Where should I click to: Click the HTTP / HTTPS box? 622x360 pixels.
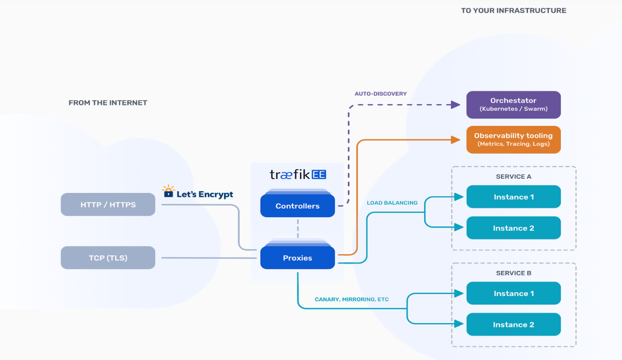click(x=108, y=205)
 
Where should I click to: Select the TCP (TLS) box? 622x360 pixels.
click(x=108, y=258)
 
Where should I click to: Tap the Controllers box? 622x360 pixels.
click(x=297, y=206)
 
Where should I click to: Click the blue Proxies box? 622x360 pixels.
click(x=297, y=258)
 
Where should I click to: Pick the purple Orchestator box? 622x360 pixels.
click(x=513, y=105)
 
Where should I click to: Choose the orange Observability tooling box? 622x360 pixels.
click(x=513, y=140)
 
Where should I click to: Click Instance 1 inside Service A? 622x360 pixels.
click(x=513, y=197)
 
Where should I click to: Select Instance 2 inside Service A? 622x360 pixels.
click(x=513, y=228)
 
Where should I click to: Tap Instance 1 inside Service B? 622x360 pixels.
click(x=513, y=293)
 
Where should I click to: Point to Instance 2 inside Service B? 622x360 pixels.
click(x=513, y=325)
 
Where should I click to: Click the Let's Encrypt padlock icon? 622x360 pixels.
click(x=168, y=192)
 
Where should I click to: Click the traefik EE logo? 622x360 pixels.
click(x=297, y=175)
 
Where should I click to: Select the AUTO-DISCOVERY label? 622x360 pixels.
click(x=380, y=94)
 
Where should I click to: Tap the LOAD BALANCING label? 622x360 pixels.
click(x=392, y=203)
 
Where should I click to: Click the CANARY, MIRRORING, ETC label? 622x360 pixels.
click(x=352, y=300)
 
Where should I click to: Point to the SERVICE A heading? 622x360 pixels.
click(x=513, y=176)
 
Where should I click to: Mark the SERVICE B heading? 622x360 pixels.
click(x=513, y=273)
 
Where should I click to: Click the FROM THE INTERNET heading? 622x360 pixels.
click(x=108, y=103)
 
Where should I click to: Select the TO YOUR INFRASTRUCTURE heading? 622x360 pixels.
click(x=513, y=10)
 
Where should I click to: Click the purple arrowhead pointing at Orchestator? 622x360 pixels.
click(x=456, y=105)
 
